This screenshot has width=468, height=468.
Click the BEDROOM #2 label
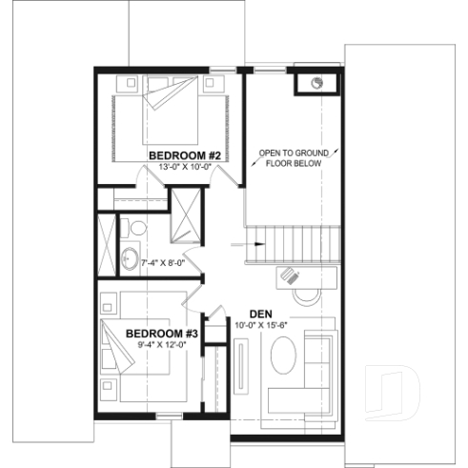click(x=185, y=154)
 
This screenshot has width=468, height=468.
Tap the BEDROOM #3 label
click(x=161, y=333)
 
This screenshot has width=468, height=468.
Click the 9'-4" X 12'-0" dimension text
click(x=160, y=345)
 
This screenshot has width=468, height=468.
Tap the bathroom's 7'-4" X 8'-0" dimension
click(x=162, y=262)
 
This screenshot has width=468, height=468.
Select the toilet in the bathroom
click(x=135, y=229)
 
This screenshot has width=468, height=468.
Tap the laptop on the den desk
click(x=290, y=276)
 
